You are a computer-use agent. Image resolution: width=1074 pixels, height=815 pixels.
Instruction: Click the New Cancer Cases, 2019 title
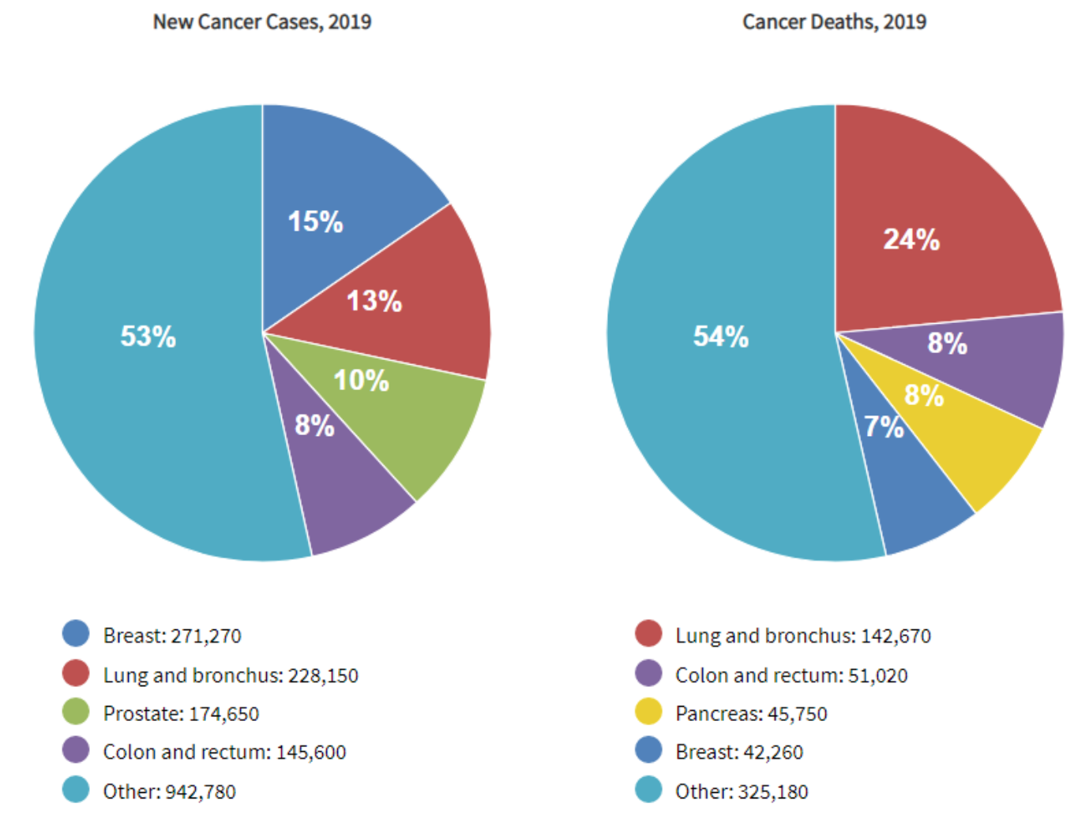point(262,21)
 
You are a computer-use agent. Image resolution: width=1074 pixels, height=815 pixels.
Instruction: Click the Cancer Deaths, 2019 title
point(834,21)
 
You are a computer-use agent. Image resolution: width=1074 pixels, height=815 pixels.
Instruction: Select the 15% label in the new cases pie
point(315,222)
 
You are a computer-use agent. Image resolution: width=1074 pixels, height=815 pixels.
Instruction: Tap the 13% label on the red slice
point(374,301)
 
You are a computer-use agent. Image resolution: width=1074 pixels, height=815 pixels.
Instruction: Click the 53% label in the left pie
point(148,336)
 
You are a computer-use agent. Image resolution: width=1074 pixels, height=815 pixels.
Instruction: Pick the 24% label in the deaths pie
point(911,239)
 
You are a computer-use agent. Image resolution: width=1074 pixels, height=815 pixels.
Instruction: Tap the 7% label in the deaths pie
point(884,427)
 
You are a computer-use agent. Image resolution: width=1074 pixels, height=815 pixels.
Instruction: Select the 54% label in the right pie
point(720,336)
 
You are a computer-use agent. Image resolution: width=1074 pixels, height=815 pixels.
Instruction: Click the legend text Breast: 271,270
point(172,636)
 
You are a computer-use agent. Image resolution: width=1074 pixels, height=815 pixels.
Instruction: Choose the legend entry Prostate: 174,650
point(181,714)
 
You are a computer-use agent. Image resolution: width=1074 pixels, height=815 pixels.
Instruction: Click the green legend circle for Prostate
point(76,712)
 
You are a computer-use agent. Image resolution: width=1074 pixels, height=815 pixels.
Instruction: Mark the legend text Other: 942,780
point(169,791)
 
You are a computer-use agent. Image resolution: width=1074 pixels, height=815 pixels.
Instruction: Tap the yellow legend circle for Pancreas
point(648,712)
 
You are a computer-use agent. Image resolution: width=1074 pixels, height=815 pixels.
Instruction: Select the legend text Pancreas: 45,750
point(751,714)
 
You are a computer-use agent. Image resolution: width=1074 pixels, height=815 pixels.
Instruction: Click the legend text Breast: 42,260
point(739,753)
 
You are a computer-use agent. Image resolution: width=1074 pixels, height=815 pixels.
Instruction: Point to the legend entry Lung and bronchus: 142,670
point(803,636)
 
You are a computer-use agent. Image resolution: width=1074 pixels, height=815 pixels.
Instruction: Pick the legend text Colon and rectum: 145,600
point(224,753)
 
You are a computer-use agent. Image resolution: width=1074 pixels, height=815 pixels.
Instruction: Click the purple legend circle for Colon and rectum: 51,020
point(648,673)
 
